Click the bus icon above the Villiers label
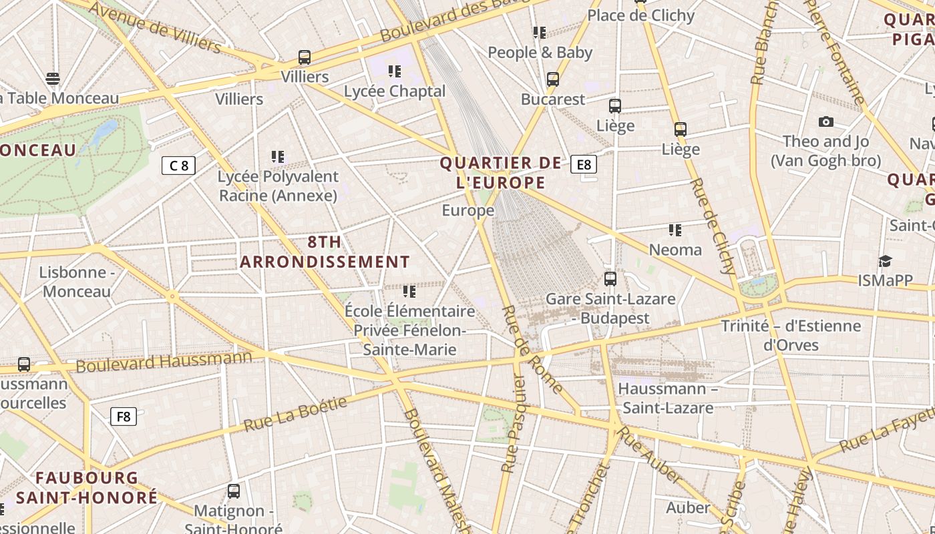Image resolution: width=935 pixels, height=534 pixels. [x=305, y=57]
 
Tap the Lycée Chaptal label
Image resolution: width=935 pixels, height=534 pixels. [x=395, y=91]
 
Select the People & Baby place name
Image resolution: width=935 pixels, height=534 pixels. [x=540, y=52]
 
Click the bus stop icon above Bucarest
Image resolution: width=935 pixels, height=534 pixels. [x=552, y=79]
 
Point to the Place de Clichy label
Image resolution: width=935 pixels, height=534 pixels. [x=640, y=15]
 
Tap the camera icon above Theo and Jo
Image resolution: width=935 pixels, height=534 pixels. [x=826, y=121]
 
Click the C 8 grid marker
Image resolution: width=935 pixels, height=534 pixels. [x=178, y=166]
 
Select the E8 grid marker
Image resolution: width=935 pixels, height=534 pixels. [x=584, y=164]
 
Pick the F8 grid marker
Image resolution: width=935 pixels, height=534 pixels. [x=124, y=417]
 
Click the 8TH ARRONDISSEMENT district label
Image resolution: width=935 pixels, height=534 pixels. [x=325, y=252]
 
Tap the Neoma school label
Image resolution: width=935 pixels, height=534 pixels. [x=676, y=250]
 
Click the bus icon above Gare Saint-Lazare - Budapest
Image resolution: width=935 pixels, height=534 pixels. [x=610, y=279]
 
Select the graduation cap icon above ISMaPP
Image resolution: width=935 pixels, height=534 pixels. [x=885, y=261]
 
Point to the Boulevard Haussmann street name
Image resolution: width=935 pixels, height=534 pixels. [x=164, y=362]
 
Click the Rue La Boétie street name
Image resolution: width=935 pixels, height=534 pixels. [x=295, y=414]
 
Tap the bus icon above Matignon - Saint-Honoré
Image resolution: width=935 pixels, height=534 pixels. [x=234, y=491]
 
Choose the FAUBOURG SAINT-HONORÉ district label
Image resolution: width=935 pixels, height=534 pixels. [x=87, y=488]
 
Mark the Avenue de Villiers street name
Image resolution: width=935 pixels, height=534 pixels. [x=154, y=27]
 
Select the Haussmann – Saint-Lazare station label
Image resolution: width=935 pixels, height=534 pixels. [x=667, y=398]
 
